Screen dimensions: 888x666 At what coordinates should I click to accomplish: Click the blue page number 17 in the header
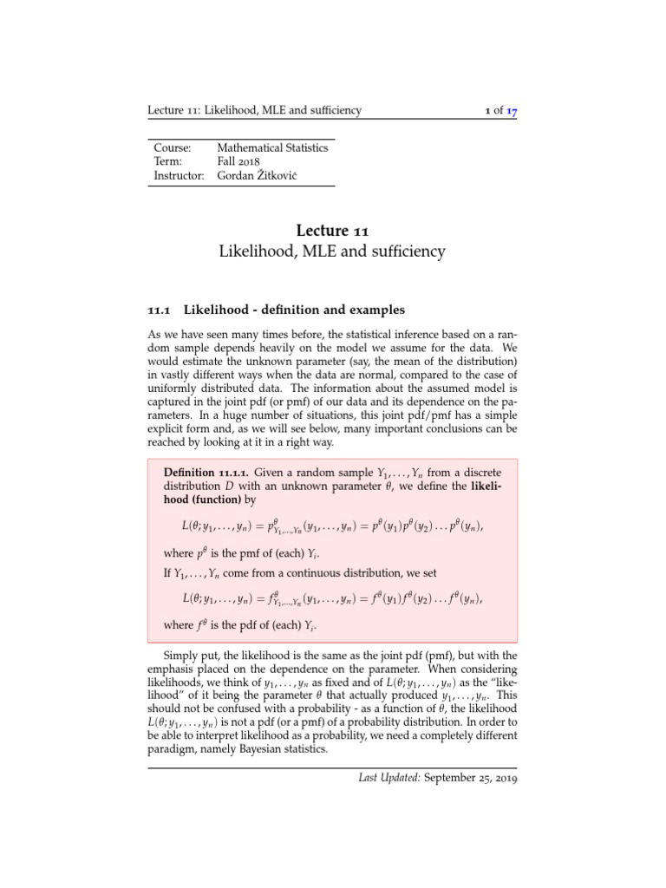[512, 111]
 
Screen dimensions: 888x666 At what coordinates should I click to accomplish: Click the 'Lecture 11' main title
[333, 231]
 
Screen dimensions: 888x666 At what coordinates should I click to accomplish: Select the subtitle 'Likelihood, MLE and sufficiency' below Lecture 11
[333, 252]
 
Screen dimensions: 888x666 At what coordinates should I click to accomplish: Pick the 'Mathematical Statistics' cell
[272, 147]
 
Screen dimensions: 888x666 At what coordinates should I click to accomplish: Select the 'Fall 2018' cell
[238, 161]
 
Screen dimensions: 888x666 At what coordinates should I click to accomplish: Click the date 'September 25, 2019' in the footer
[471, 779]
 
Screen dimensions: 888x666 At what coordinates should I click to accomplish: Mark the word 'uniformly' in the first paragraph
[173, 389]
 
